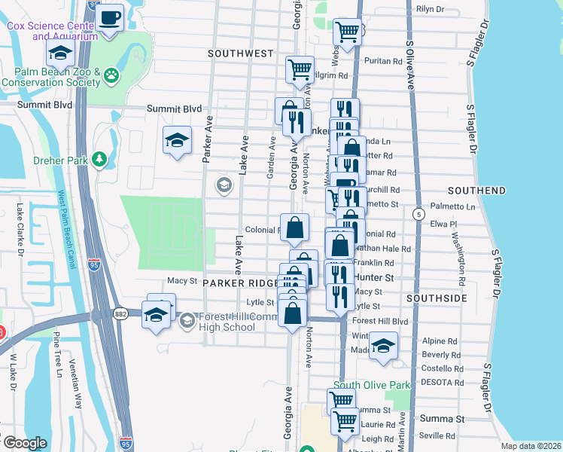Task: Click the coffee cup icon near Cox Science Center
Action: (x=110, y=17)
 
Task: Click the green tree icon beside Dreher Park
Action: (x=99, y=160)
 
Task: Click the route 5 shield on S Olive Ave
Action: (x=417, y=215)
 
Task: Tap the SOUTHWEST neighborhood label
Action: (x=240, y=53)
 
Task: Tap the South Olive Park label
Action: (x=372, y=385)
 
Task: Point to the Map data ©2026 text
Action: (x=531, y=445)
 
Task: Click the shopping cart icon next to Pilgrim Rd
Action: (x=300, y=69)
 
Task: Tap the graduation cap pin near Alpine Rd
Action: (x=384, y=346)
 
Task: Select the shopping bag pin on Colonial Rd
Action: (x=295, y=226)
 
